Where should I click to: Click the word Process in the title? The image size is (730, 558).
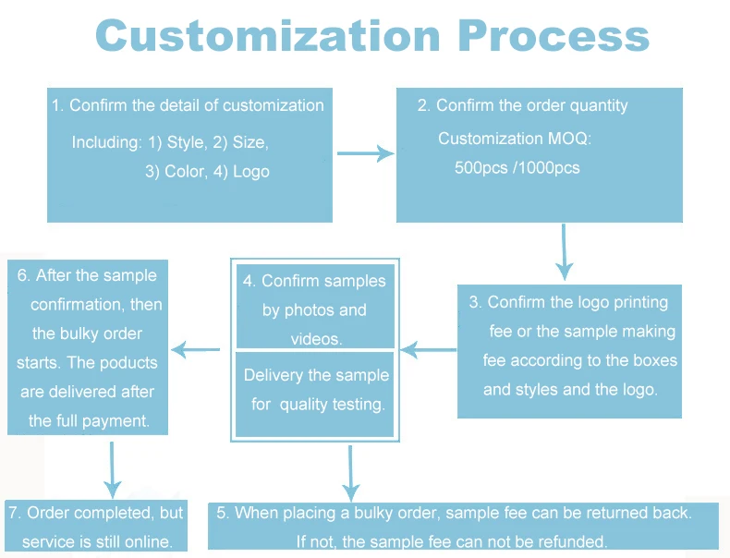point(553,37)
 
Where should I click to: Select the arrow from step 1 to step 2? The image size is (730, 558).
point(365,152)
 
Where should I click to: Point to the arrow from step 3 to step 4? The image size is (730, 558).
point(429,349)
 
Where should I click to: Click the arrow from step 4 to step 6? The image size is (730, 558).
point(197,349)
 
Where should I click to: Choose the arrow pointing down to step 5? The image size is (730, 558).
point(350,473)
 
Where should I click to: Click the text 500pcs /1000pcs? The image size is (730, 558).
point(517,168)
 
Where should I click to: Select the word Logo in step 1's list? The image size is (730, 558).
point(251,172)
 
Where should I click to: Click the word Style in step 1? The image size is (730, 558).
point(185,143)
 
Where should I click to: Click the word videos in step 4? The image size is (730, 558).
point(315,339)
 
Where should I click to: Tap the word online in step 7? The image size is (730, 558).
point(161,541)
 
